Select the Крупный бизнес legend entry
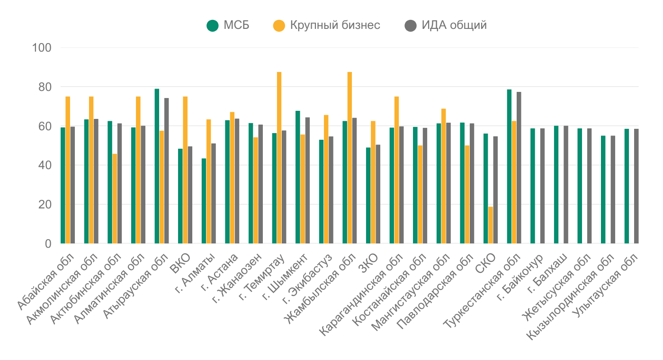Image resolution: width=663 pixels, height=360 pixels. (x=327, y=25)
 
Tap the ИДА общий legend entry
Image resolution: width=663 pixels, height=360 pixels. (x=446, y=25)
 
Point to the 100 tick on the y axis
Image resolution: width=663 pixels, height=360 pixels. (x=41, y=48)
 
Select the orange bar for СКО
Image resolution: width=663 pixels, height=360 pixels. (x=491, y=225)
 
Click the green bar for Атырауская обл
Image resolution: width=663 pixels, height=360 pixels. (x=157, y=166)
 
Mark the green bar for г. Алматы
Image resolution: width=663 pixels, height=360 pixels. (x=204, y=201)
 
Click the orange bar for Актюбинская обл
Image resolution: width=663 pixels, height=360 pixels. (x=115, y=198)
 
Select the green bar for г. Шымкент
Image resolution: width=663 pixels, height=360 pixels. (x=297, y=177)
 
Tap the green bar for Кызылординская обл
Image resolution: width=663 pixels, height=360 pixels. (x=603, y=189)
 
